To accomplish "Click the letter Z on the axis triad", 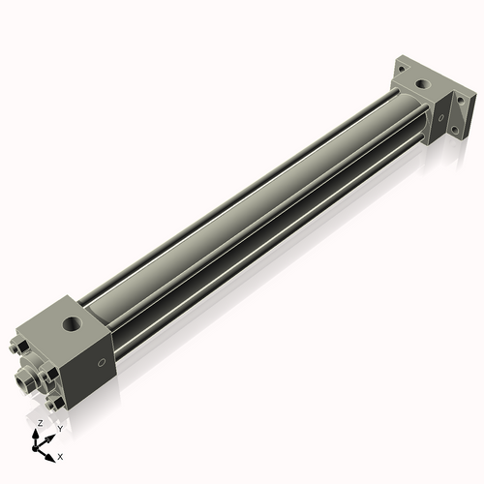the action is pyautogui.click(x=41, y=423).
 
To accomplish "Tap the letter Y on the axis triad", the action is pyautogui.click(x=60, y=429).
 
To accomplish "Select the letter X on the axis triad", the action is pyautogui.click(x=60, y=457).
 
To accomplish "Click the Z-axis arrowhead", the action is pyautogui.click(x=36, y=434).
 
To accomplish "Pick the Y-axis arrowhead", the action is pyautogui.click(x=49, y=439).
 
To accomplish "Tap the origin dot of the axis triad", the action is pyautogui.click(x=34, y=448).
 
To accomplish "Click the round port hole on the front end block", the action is pyautogui.click(x=72, y=323).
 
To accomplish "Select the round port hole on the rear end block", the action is pyautogui.click(x=422, y=84).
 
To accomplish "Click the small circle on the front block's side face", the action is pyautogui.click(x=102, y=363).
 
